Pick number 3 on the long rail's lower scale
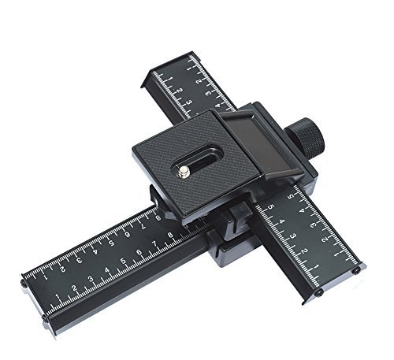click(x=89, y=280)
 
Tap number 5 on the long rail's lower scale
click(x=123, y=263)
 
